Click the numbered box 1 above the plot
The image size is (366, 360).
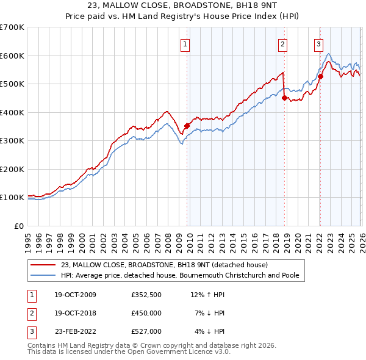pos(185,43)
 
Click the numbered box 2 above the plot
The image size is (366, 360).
pos(283,43)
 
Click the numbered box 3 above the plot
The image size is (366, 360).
pos(318,43)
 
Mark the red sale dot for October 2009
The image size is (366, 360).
pos(187,126)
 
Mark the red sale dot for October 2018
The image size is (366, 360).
pos(284,98)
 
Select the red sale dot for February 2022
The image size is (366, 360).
pos(320,76)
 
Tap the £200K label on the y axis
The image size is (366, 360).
pos(12,169)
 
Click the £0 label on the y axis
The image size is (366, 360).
pos(18,226)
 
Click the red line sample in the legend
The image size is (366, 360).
pos(43,265)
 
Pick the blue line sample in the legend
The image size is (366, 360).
pos(43,275)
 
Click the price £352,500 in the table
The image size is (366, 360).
pos(146,295)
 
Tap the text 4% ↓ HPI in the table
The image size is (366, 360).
pos(209,331)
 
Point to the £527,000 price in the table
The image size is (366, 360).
pos(146,331)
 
